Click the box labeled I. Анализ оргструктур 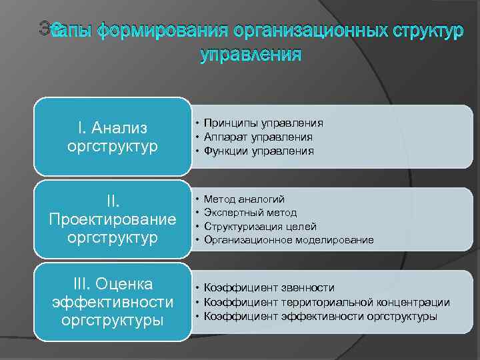112,137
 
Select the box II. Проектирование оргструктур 112,219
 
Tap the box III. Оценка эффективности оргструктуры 112,301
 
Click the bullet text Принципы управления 263,123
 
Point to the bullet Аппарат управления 258,137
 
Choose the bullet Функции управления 258,151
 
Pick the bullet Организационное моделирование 289,239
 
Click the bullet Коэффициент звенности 269,287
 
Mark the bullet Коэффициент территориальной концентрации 327,302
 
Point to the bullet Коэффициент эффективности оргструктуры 321,316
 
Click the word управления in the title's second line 251,54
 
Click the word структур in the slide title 419,31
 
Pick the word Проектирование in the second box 112,219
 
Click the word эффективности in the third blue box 112,302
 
